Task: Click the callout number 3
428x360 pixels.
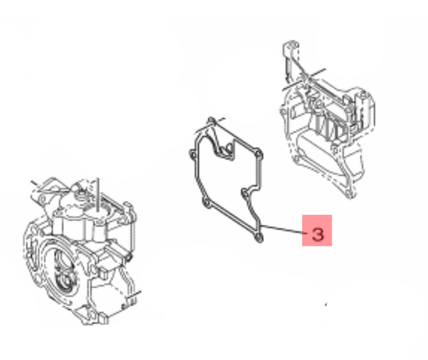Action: point(318,234)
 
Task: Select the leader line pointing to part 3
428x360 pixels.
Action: point(283,229)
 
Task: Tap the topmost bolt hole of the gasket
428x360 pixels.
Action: point(211,121)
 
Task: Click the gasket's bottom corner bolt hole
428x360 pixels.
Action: point(258,238)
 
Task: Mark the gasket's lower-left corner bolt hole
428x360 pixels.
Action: point(206,204)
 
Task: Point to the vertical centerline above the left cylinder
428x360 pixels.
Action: point(98,195)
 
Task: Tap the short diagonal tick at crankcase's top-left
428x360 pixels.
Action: point(36,185)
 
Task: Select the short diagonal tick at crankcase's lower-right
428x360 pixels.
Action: point(134,295)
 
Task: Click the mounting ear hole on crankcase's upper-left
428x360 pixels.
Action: point(42,201)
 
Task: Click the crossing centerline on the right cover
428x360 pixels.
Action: point(304,79)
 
